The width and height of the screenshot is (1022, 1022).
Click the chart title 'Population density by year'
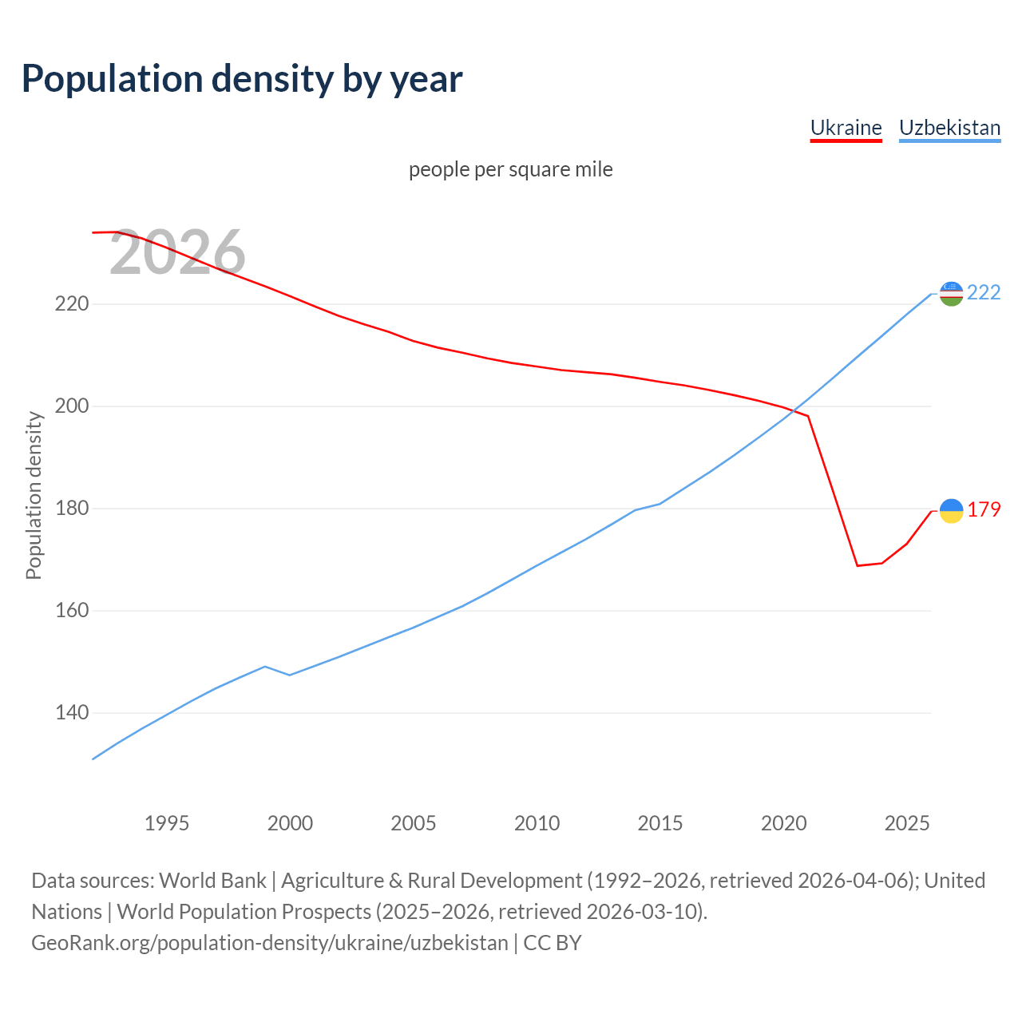(x=242, y=79)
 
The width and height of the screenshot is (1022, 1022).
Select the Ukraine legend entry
(x=846, y=128)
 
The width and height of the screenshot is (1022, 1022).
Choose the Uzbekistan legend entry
(x=949, y=128)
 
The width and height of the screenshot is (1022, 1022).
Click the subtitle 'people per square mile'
(x=510, y=170)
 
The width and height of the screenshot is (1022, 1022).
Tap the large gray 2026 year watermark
(x=177, y=253)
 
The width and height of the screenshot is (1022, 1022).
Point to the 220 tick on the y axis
(x=71, y=304)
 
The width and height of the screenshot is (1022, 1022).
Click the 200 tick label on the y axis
(x=71, y=406)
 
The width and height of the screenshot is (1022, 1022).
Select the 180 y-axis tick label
(x=71, y=509)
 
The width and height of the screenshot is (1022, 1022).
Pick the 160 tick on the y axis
(x=71, y=611)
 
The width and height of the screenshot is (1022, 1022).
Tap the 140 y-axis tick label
(x=71, y=713)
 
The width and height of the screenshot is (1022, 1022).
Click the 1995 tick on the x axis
(x=167, y=823)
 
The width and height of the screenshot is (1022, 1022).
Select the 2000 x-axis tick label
(x=290, y=823)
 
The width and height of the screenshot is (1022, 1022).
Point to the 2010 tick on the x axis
(x=537, y=823)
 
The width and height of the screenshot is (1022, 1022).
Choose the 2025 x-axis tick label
(x=907, y=823)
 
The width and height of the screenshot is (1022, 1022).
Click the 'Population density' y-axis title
(x=34, y=495)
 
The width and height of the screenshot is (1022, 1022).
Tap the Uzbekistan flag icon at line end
(x=951, y=294)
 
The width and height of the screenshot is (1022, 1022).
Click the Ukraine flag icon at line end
(x=951, y=511)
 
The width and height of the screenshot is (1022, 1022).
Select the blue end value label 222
(x=984, y=293)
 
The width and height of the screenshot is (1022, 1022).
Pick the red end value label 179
(x=984, y=510)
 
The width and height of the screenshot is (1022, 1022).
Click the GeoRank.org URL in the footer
(x=269, y=943)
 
